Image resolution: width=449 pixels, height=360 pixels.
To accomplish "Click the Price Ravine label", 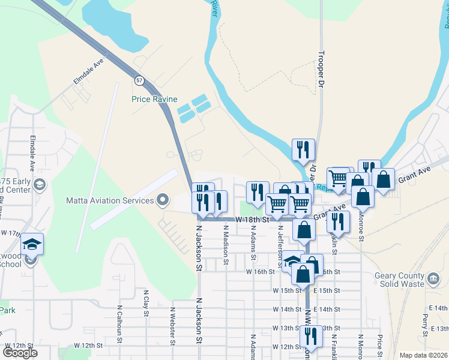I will click(152, 99).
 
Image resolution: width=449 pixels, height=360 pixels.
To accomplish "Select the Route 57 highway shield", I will click(139, 80).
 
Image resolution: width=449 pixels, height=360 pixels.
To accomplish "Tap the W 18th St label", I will click(251, 220).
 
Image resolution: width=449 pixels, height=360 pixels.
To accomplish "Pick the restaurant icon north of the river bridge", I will click(303, 150).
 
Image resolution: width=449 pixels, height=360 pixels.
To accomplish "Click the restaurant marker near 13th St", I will click(311, 337).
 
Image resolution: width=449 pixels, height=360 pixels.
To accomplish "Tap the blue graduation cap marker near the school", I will click(32, 244).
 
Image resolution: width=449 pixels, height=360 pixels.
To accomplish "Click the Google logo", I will click(20, 353).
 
